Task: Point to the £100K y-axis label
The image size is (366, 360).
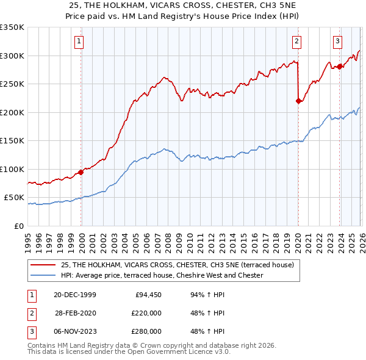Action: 12,169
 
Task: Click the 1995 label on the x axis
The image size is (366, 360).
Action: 28,238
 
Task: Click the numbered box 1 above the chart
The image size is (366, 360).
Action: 80,41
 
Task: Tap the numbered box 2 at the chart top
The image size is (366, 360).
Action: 296,41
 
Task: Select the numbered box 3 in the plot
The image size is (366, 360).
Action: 337,41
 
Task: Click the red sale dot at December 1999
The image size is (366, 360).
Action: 81,172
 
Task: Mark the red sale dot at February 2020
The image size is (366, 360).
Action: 298,101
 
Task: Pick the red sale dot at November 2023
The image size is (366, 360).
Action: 339,67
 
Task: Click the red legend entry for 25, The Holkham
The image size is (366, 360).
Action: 178,265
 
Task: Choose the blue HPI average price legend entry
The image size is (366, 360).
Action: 162,275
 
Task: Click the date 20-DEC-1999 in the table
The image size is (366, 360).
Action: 74,295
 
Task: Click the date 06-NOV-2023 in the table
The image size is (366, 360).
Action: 74,331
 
